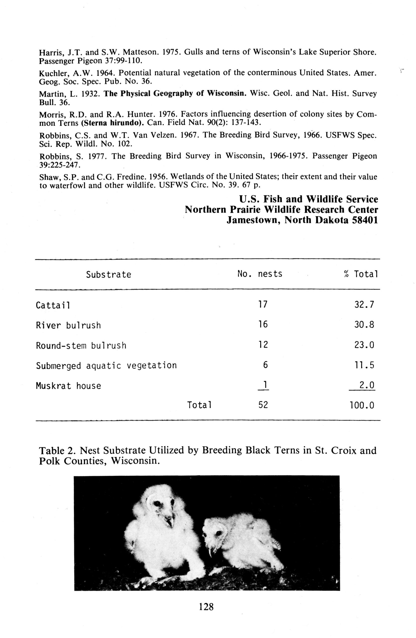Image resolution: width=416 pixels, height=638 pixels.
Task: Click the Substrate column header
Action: click(108, 275)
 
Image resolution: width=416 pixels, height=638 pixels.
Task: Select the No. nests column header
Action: click(260, 274)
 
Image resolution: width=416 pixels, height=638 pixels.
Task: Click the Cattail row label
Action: click(53, 305)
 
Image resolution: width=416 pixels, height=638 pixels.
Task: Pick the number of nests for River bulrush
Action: click(263, 325)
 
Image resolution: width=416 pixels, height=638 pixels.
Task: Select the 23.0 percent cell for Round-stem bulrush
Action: click(364, 345)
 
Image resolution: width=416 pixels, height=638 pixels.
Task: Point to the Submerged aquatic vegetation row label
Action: click(106, 366)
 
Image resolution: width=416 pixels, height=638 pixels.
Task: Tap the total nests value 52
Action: click(263, 405)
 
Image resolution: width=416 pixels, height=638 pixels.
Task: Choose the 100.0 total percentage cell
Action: click(361, 405)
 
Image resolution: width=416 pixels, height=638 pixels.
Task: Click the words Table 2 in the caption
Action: click(56, 450)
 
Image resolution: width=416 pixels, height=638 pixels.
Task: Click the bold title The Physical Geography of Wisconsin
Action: click(175, 93)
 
